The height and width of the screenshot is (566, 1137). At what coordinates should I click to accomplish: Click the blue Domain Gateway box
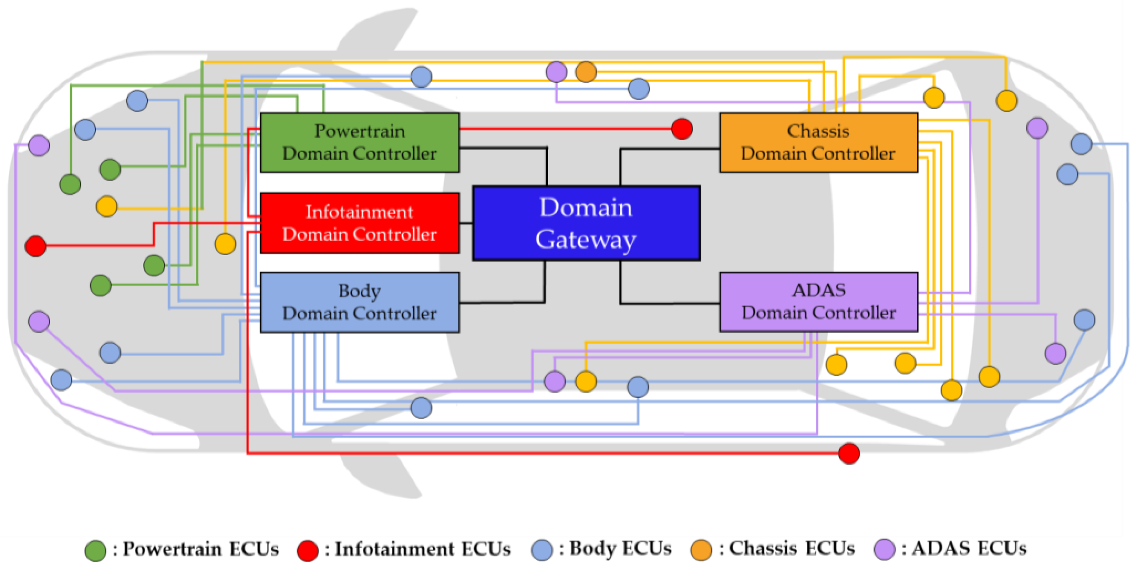coord(586,223)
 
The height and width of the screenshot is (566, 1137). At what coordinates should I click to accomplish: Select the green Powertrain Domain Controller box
coord(359,142)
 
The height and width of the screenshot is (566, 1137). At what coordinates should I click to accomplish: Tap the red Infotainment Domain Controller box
coord(359,223)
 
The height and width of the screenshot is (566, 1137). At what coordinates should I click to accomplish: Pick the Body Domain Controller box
coord(359,302)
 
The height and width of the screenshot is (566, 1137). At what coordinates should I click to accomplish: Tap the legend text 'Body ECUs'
coord(620,548)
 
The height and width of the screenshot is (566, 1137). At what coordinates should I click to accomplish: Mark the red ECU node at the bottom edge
coord(849,454)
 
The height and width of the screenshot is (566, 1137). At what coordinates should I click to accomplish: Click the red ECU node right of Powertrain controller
coord(681,129)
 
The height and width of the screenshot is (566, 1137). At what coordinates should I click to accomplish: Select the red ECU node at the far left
coord(36,246)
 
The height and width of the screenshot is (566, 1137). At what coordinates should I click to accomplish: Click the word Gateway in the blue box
coord(586,240)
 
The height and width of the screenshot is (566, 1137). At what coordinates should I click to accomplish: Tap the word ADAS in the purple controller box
coord(818,290)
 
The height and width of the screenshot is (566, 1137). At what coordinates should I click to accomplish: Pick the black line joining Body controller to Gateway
coord(503,303)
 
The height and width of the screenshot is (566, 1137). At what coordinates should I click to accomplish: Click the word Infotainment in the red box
coord(359,212)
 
